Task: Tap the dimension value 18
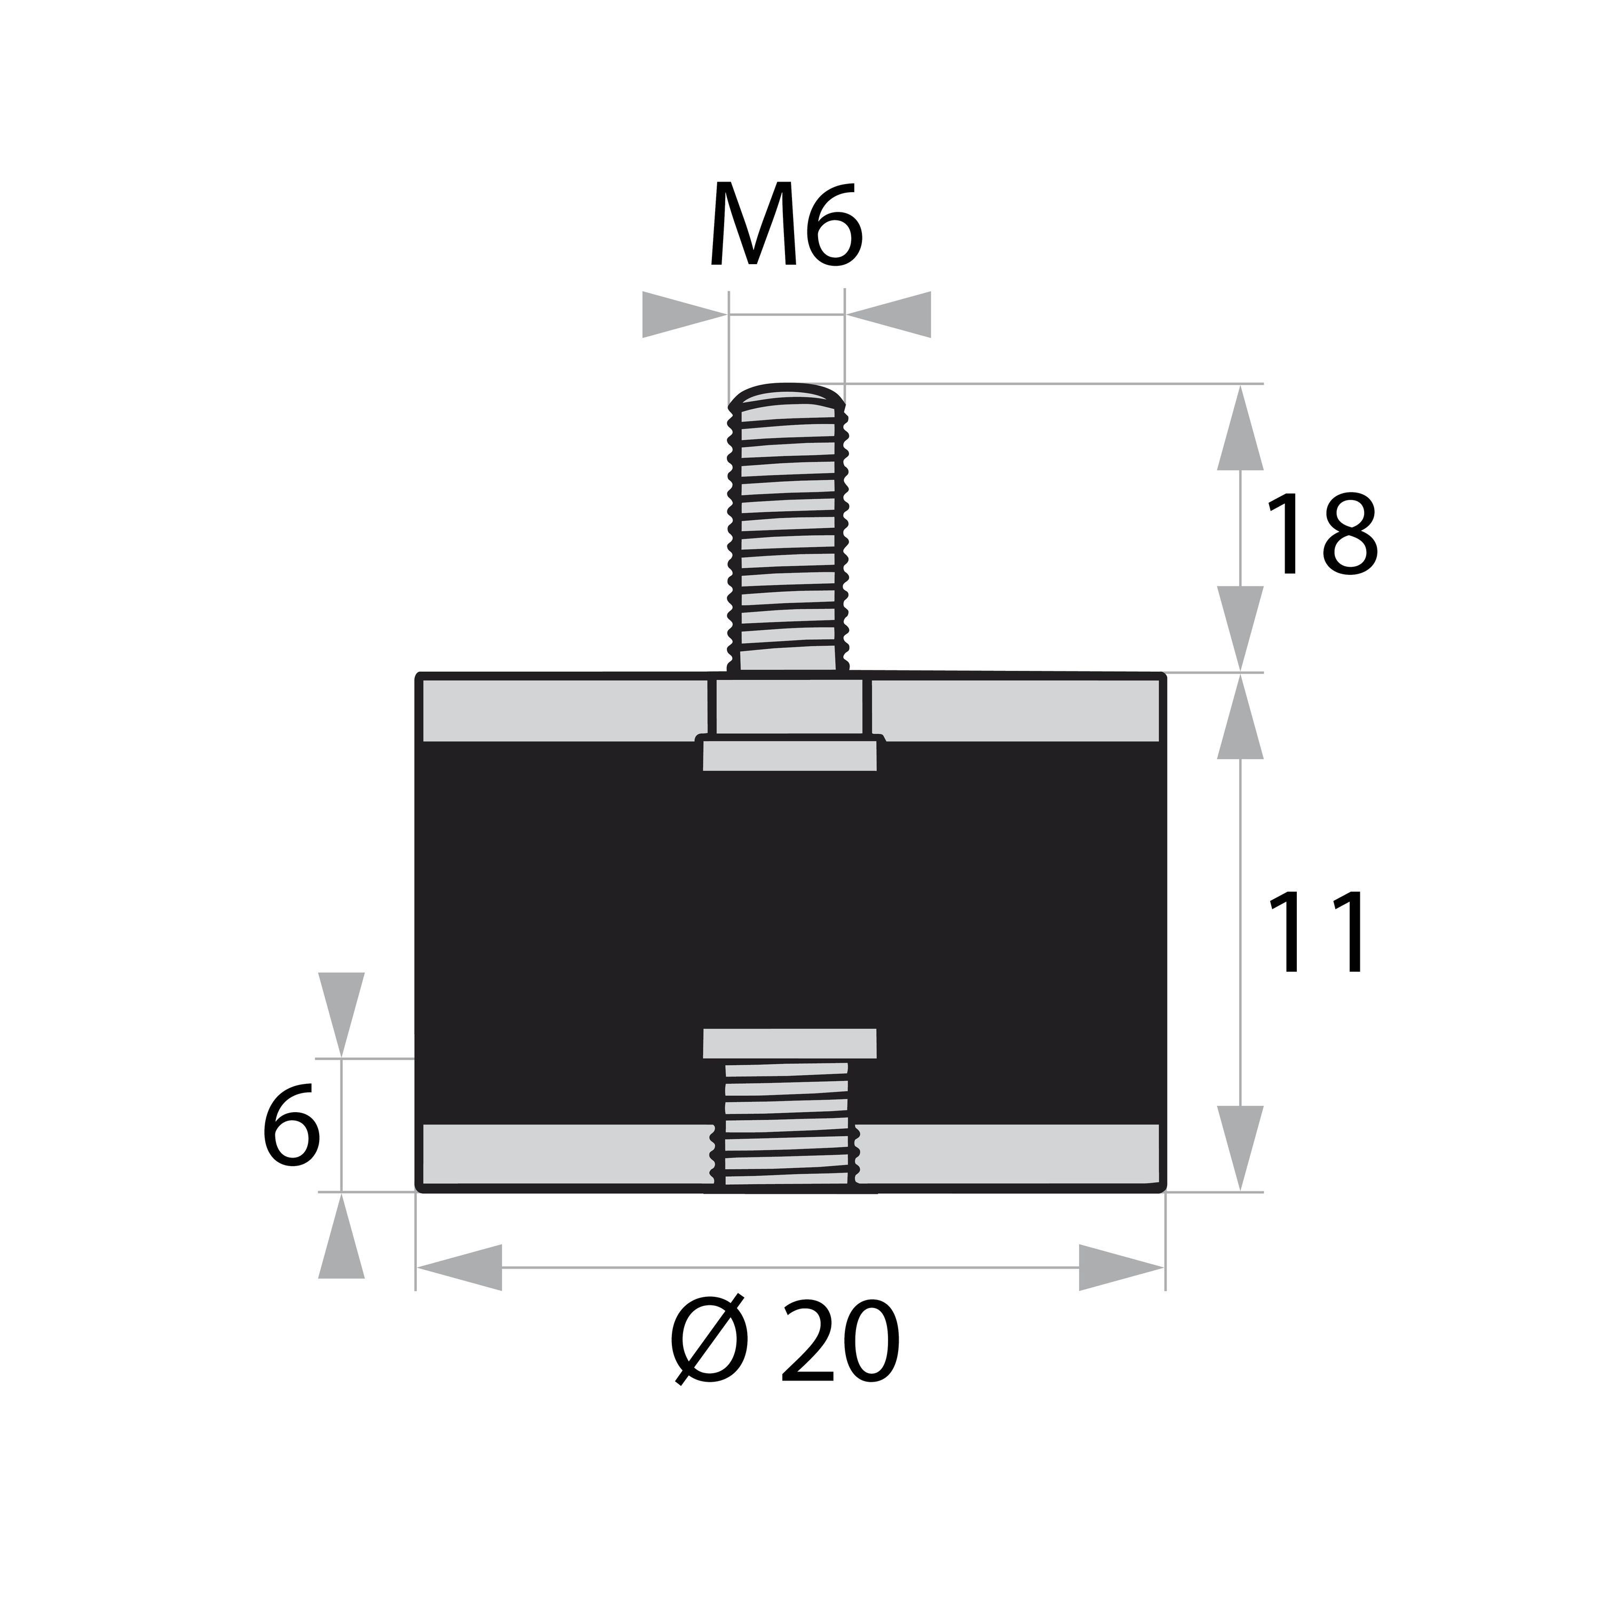tap(1321, 535)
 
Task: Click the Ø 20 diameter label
tap(784, 1343)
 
